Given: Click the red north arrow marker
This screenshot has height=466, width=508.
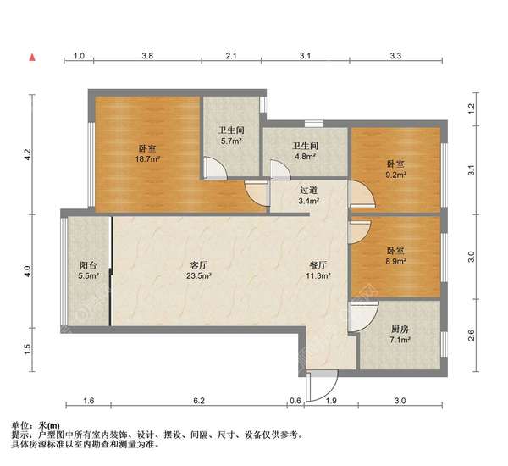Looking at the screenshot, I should (31, 58).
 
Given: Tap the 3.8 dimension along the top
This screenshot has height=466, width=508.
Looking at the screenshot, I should (146, 57).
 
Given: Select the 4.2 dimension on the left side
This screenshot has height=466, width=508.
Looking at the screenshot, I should (27, 155).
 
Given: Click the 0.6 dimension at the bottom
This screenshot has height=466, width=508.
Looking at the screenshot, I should (295, 401).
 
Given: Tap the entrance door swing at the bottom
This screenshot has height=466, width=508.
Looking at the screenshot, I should (320, 386).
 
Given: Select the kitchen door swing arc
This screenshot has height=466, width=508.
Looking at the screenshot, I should (362, 319).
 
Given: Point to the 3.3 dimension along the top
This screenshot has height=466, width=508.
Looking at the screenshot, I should (395, 57).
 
